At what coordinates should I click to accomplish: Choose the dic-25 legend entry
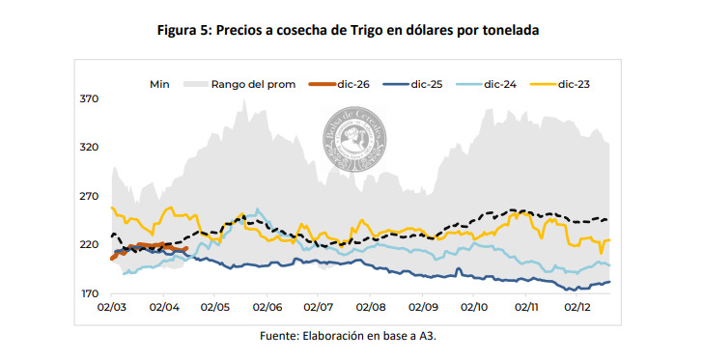click(x=427, y=84)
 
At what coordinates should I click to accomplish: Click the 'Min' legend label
click(x=159, y=84)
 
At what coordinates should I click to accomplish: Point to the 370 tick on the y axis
click(x=89, y=98)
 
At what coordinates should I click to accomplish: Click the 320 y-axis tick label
click(x=89, y=147)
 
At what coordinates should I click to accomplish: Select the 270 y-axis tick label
click(x=89, y=196)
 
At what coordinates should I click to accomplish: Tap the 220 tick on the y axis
click(x=89, y=244)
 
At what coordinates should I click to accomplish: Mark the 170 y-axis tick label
click(x=89, y=293)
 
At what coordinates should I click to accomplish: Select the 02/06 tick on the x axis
click(x=267, y=308)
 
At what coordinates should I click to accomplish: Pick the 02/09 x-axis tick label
click(x=422, y=308)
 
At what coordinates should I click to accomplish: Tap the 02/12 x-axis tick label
click(x=577, y=308)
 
